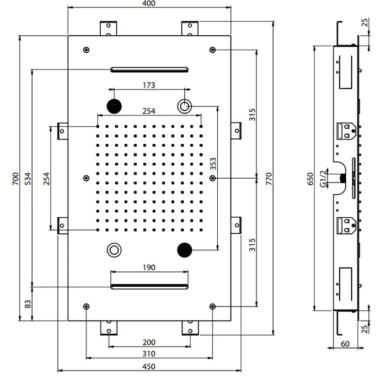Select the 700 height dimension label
(16, 178)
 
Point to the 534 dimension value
(28, 178)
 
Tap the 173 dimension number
(148, 85)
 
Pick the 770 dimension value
(269, 178)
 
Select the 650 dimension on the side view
(310, 179)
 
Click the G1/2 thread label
(325, 178)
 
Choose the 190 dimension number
(148, 267)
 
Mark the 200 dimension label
(148, 342)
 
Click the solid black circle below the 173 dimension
(114, 105)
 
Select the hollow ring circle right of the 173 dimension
(184, 105)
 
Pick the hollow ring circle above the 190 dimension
(115, 250)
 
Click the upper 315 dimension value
(251, 115)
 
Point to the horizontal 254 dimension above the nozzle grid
(148, 111)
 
